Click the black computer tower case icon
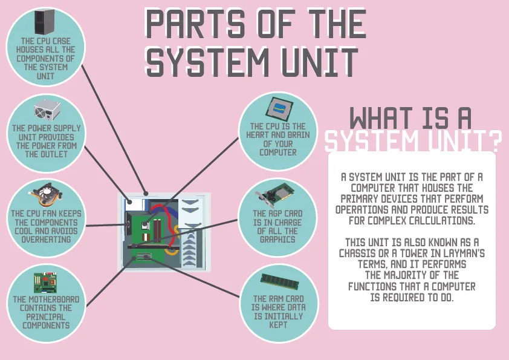(44, 22)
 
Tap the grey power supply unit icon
(47, 113)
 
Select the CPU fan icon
(46, 194)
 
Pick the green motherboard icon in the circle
(46, 283)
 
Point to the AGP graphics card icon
(278, 195)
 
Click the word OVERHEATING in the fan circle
(46, 239)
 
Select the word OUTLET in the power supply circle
(46, 154)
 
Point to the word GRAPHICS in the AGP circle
(279, 239)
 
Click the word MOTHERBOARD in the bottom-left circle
(46, 299)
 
